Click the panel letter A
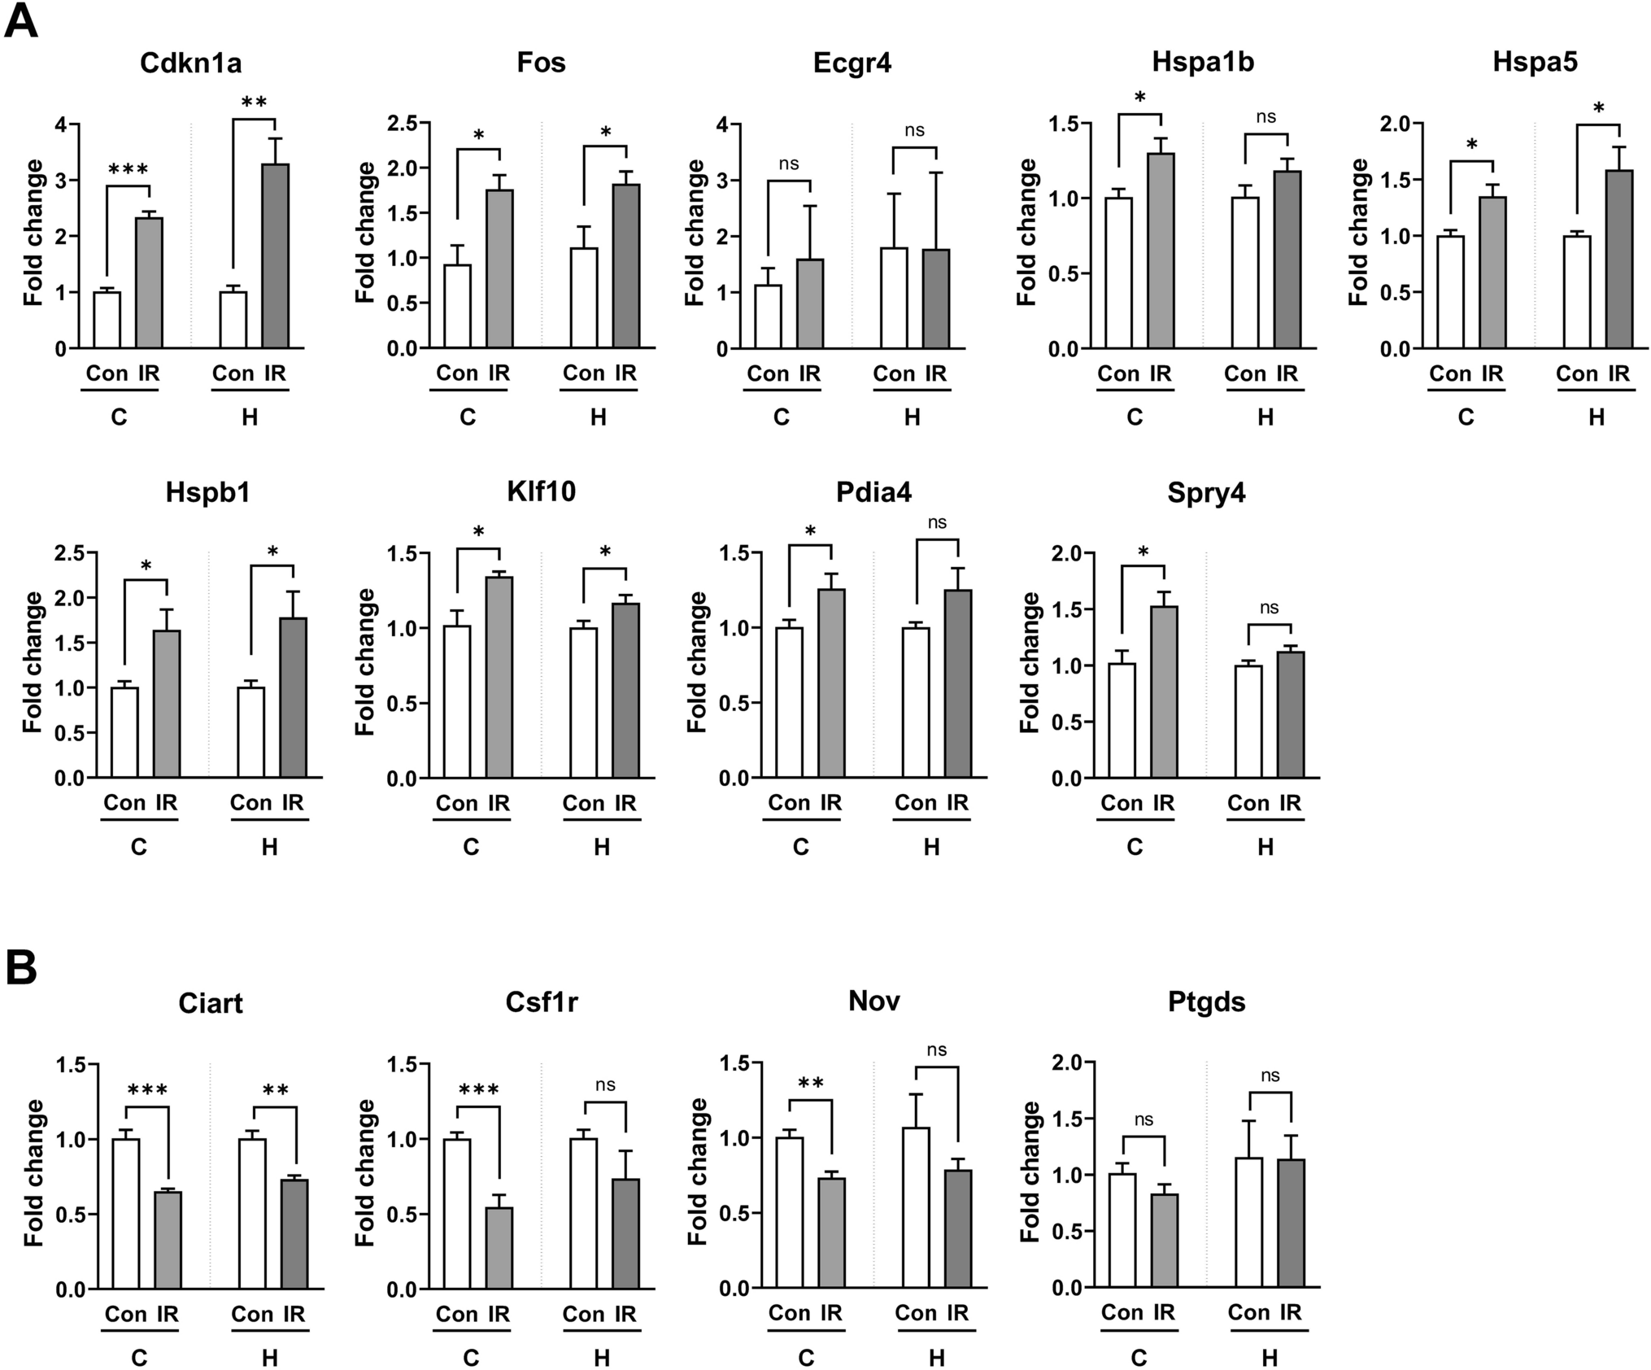point(21,21)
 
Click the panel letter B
point(21,967)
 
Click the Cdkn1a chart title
point(190,63)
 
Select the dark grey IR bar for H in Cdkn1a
point(276,256)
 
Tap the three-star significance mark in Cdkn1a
point(128,169)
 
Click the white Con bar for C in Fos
point(457,307)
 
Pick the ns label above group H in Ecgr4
point(914,130)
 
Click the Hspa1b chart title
point(1202,63)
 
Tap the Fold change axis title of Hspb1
point(33,662)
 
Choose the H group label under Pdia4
point(931,848)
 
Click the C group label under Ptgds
point(1139,1358)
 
